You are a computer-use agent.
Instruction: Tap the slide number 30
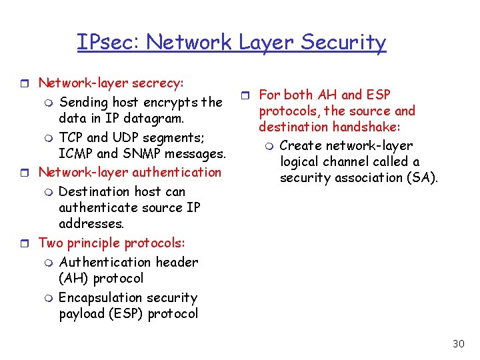click(x=458, y=343)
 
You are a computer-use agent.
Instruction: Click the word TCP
click(x=71, y=137)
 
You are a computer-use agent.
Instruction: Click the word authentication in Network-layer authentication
click(x=177, y=172)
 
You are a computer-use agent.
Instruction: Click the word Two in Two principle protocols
click(x=51, y=243)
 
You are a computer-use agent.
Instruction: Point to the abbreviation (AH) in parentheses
click(x=74, y=278)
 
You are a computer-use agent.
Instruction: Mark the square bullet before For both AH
click(x=244, y=95)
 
